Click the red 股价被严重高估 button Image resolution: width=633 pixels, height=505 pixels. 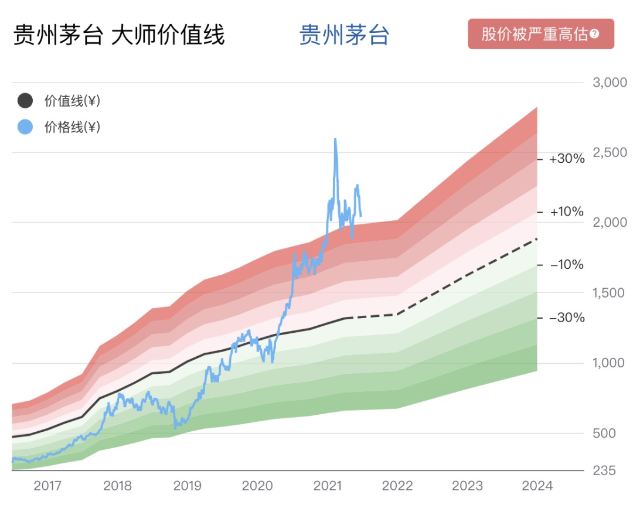540,34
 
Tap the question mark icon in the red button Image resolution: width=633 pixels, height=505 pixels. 594,34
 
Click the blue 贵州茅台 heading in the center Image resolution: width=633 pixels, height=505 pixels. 344,35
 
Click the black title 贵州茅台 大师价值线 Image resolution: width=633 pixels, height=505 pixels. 119,35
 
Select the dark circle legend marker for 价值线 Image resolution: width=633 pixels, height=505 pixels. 25,101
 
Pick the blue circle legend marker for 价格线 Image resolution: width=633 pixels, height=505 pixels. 25,127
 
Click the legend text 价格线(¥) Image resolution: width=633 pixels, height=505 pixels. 72,127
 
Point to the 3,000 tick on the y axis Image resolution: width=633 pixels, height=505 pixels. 610,82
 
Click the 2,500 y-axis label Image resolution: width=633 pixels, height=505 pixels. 610,152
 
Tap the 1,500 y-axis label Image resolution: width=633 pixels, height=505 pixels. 610,293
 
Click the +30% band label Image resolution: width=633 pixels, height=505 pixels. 567,159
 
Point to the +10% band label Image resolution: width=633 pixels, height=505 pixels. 567,211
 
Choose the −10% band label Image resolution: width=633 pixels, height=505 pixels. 567,265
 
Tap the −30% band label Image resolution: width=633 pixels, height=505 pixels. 567,318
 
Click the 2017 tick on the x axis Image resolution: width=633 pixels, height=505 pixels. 47,486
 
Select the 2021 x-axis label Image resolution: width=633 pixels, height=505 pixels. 328,486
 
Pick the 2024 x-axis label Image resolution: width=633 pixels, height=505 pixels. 537,486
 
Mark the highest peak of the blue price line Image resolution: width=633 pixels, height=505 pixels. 335,139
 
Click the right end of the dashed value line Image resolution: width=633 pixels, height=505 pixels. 537,239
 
